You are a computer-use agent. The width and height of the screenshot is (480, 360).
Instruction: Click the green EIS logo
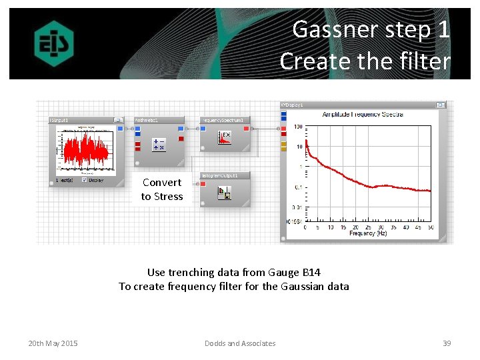54,43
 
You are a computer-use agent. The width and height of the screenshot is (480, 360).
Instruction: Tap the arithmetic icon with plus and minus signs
159,145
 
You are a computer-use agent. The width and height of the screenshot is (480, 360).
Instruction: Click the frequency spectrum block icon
225,138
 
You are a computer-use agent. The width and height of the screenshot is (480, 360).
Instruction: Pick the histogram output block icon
225,193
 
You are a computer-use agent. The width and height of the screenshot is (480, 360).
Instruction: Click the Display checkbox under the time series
84,180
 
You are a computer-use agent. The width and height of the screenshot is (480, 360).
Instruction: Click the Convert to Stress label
162,189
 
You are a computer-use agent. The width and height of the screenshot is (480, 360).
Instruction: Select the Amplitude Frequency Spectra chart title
362,115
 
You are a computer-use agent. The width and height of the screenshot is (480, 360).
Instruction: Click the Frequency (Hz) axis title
367,234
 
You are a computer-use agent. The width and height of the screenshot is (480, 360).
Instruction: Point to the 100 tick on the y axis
298,127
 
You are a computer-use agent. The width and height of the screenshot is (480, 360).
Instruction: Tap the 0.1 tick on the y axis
299,187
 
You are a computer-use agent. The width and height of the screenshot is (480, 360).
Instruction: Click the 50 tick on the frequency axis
431,227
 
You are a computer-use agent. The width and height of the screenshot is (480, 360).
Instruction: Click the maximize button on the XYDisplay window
440,105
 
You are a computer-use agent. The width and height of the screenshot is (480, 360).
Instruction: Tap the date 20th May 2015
53,343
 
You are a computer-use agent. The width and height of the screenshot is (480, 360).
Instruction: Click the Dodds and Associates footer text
239,343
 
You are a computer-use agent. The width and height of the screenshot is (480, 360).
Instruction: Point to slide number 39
447,343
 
